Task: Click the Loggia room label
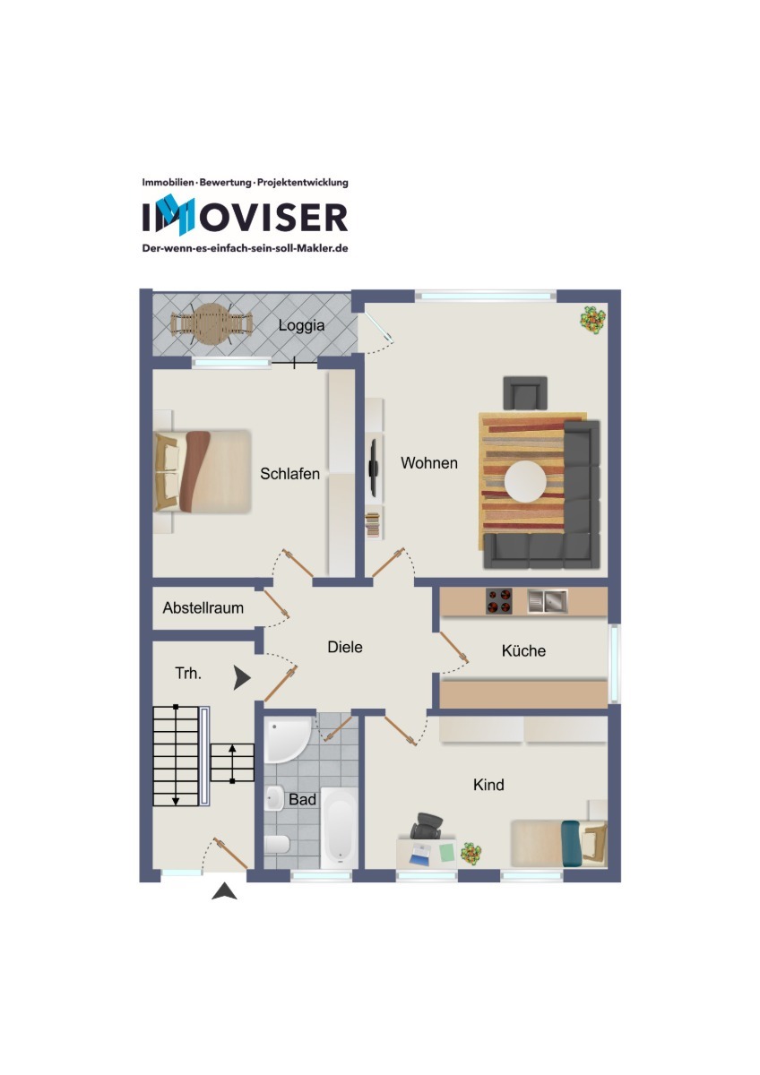point(301,325)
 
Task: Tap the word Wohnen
point(429,462)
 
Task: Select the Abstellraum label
point(203,607)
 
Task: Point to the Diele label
point(345,647)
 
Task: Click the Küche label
point(523,650)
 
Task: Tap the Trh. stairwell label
point(188,674)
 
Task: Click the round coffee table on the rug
point(525,481)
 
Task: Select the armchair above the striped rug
point(525,393)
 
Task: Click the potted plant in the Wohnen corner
point(592,320)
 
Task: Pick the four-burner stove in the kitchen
point(499,601)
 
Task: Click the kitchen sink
point(548,601)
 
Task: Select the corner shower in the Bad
point(287,741)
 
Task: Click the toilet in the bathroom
point(277,844)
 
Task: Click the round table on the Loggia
point(212,324)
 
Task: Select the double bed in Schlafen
point(203,471)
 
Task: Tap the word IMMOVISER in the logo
point(245,217)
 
